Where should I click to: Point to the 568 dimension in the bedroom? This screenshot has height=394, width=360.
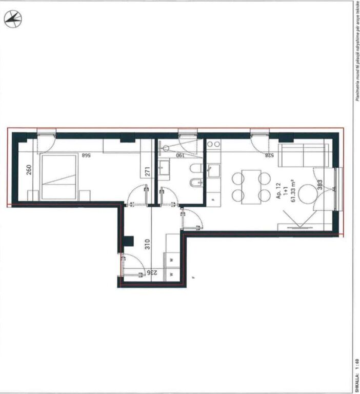89,154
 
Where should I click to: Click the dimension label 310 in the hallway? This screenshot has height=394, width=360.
148,244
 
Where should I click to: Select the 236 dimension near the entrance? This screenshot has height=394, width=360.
152,273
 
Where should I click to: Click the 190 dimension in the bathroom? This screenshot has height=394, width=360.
180,154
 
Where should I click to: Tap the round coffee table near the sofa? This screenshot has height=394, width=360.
309,194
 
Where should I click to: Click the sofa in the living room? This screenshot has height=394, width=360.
303,154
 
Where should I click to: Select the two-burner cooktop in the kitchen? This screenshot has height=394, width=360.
213,144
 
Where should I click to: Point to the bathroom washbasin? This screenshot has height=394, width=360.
164,167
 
